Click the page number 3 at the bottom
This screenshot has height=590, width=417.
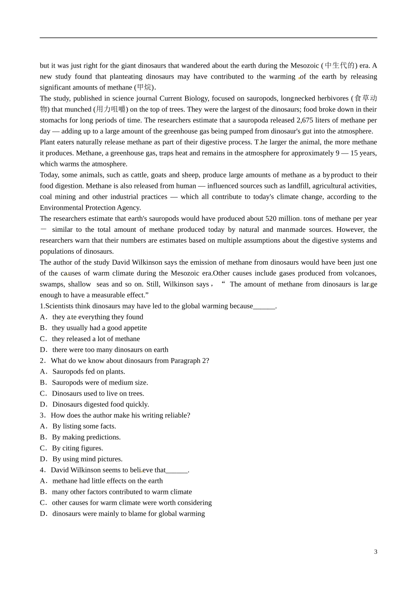tap(375, 552)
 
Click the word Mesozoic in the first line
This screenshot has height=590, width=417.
tap(305, 66)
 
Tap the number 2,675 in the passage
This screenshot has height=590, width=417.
tap(306, 120)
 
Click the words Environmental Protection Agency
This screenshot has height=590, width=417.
tap(90, 208)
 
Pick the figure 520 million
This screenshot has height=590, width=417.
tap(283, 219)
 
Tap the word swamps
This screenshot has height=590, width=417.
tap(52, 284)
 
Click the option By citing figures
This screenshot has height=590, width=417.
tap(77, 448)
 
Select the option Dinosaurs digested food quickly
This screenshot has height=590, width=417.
tap(101, 404)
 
